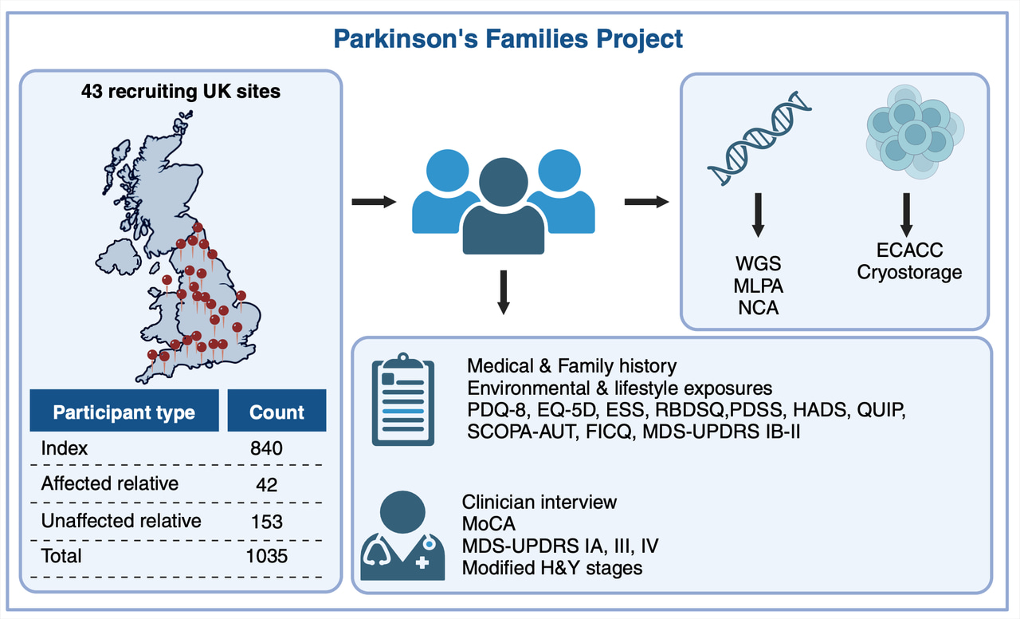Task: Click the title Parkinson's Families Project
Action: pos(508,38)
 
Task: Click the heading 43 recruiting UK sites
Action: pos(181,91)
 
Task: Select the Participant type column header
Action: pos(124,412)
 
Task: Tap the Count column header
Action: pos(277,412)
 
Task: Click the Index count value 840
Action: pos(266,448)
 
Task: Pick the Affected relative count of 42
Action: pos(266,484)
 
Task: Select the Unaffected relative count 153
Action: pos(266,521)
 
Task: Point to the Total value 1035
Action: pos(265,555)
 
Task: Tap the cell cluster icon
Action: pos(914,132)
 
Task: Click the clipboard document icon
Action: pos(404,402)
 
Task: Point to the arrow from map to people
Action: pos(374,202)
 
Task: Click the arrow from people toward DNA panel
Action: pos(646,202)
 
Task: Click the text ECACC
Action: pos(908,250)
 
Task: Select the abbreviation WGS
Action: pos(758,262)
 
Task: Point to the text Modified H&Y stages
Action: pos(551,569)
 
